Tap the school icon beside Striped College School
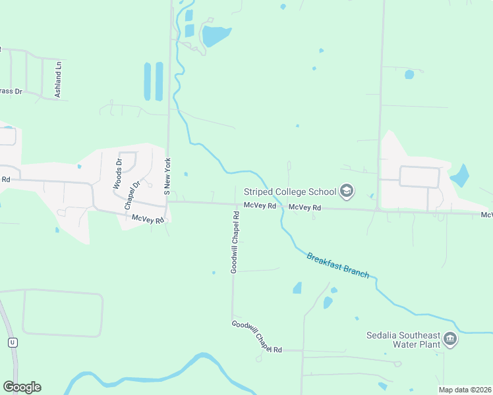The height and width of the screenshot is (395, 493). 346,192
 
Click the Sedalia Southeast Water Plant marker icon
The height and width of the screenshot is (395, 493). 450,339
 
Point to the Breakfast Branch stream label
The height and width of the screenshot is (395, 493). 337,265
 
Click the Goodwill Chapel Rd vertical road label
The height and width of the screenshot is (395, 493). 235,242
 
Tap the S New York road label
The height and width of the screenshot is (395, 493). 167,176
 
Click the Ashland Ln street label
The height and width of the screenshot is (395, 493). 58,80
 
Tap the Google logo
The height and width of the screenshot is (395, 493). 22,387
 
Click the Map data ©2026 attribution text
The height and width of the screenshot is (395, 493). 464,390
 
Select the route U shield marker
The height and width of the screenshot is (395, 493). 12,342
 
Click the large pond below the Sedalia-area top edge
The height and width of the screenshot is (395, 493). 216,36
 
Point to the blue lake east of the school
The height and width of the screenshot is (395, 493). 459,176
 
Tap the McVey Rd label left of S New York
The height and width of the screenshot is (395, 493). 147,219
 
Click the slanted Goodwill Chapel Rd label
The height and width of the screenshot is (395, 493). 256,336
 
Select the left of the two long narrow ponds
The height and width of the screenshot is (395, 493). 147,81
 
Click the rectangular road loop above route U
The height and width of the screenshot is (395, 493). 63,313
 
